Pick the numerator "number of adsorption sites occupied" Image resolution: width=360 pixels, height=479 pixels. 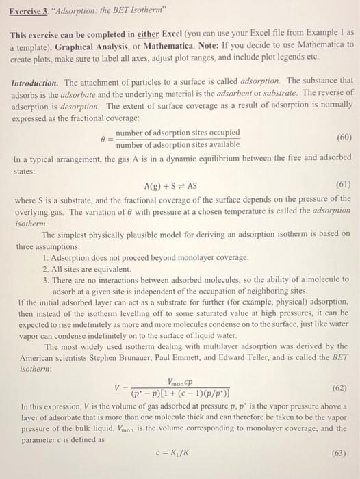[178, 132]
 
